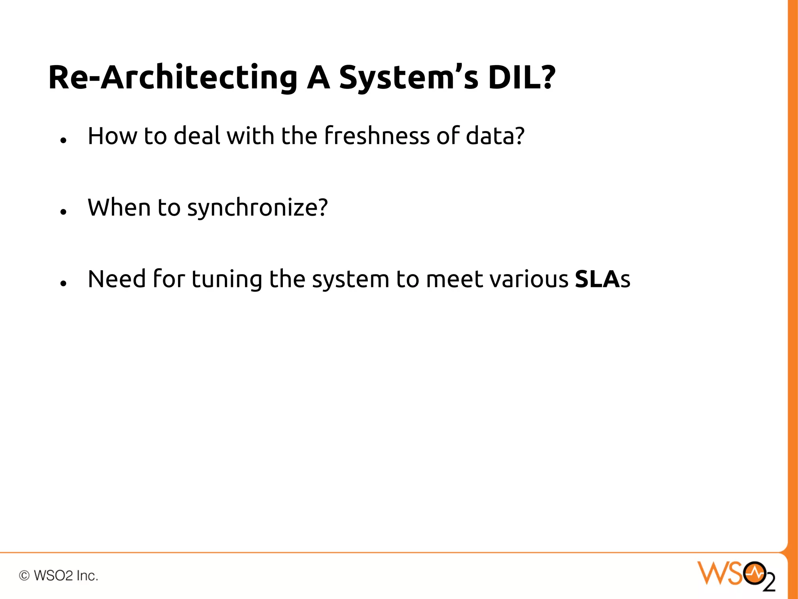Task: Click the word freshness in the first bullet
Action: pos(377,136)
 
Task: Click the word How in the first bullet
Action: pos(112,136)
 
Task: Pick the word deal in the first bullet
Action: pos(197,136)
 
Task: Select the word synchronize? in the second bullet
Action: pos(258,208)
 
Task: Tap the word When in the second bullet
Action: pos(119,207)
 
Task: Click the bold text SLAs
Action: pos(602,279)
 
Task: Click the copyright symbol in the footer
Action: pos(25,576)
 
